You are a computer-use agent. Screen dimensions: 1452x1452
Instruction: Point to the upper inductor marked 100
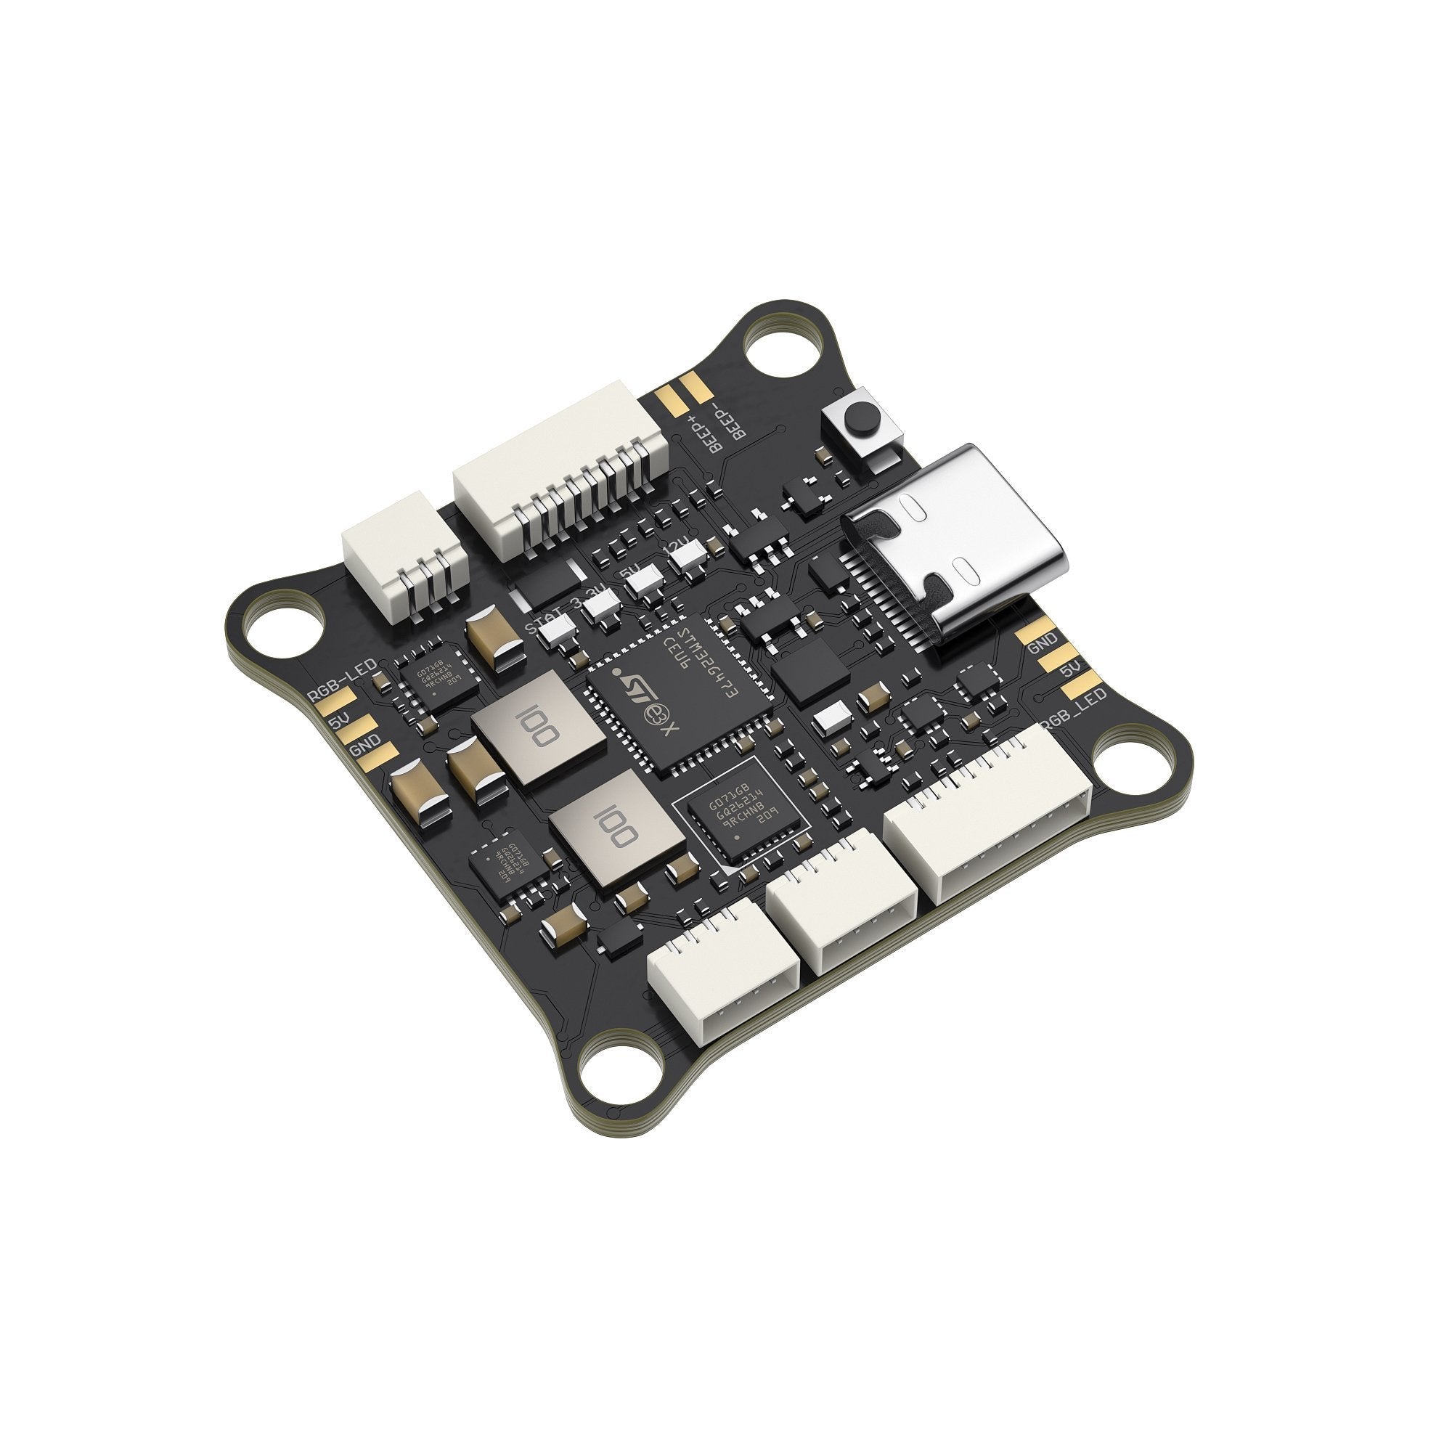(538, 725)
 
